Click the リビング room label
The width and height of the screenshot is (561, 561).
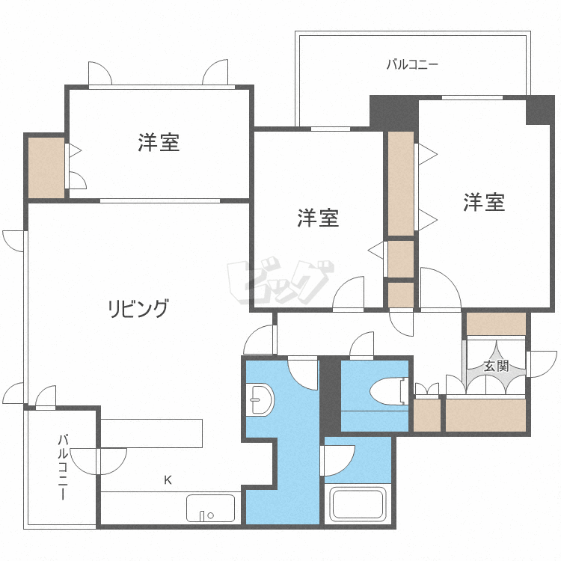click(x=138, y=307)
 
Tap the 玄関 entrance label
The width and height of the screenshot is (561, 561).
click(x=496, y=366)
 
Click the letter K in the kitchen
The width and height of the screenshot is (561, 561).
click(x=168, y=480)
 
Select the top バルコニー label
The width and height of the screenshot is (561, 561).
click(x=412, y=64)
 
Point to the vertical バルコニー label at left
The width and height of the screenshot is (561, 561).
click(x=63, y=467)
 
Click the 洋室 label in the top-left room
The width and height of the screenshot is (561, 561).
click(x=159, y=142)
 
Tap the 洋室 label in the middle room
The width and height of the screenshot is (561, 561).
click(x=319, y=218)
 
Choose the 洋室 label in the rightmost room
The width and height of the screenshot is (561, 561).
click(x=484, y=201)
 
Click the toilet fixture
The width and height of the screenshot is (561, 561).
click(x=389, y=389)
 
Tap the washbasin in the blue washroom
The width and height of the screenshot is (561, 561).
click(x=260, y=401)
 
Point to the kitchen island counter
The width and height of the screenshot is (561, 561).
click(x=152, y=433)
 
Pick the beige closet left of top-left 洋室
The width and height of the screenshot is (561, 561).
click(x=46, y=167)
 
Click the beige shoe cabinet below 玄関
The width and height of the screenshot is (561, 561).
click(x=486, y=415)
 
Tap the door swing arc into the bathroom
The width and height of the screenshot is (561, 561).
click(x=338, y=460)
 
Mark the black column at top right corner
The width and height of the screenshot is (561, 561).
click(x=540, y=110)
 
